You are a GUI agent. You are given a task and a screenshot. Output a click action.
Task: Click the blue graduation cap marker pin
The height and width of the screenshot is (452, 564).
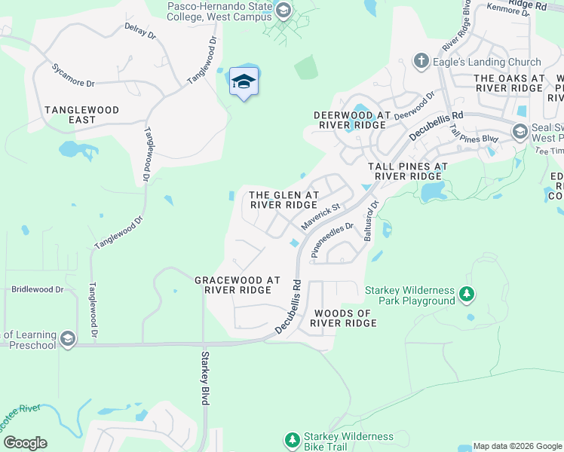(244, 81)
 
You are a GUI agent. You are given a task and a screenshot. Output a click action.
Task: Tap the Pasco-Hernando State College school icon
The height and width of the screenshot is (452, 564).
(284, 11)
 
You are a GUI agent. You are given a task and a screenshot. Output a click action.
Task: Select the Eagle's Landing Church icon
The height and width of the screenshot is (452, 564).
(421, 62)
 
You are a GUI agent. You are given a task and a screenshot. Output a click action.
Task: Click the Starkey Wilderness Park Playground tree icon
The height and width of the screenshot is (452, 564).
(467, 295)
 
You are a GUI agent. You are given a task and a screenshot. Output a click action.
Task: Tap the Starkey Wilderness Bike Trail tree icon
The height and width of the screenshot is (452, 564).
(291, 440)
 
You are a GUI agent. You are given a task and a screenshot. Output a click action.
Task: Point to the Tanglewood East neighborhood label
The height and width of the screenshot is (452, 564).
(81, 115)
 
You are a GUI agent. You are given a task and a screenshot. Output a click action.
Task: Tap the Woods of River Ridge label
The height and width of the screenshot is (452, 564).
(345, 318)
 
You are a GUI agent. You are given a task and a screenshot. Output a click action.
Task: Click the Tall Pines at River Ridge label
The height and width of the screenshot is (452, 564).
(408, 170)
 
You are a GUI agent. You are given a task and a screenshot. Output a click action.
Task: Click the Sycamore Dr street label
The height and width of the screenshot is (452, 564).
(73, 72)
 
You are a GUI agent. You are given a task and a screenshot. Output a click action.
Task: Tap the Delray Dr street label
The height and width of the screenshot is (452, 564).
(139, 32)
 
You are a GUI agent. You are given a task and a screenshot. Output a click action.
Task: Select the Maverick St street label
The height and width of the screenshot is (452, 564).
(321, 215)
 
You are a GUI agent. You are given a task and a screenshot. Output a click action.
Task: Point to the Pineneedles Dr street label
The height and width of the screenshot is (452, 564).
(333, 240)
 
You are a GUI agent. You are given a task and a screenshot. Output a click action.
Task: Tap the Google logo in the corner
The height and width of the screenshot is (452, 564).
(25, 442)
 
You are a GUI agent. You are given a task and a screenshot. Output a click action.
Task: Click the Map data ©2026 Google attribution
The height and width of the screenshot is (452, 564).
(517, 446)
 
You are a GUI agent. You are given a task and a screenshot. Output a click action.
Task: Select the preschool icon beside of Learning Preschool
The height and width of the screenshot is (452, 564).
(68, 339)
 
